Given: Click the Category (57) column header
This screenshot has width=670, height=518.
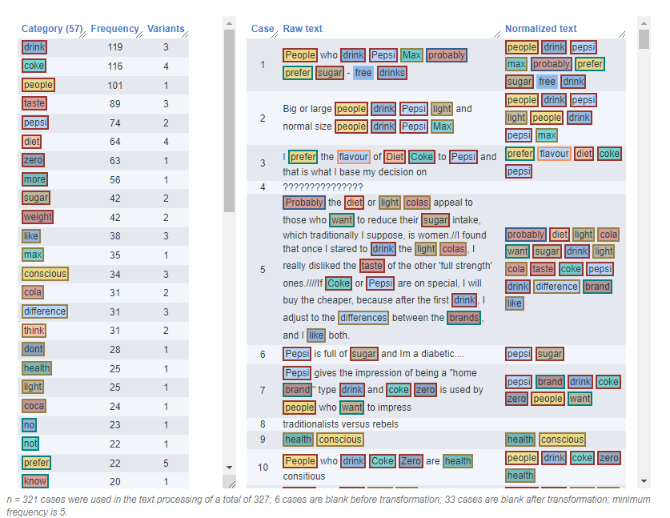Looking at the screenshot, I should click(x=53, y=29).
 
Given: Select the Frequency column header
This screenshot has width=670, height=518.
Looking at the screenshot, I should click(x=114, y=29).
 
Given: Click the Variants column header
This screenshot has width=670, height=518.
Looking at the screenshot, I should click(x=166, y=29).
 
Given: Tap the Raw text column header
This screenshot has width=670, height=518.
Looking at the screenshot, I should click(x=303, y=29).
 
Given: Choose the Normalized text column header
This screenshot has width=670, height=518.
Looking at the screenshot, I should click(x=540, y=29).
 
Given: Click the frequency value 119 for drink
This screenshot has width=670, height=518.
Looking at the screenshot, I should click(x=114, y=47).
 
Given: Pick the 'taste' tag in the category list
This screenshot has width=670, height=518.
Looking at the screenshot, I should click(x=34, y=103).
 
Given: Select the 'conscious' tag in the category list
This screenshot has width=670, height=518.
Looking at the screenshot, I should click(x=45, y=274).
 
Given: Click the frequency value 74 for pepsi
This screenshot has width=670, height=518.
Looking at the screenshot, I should click(x=114, y=122).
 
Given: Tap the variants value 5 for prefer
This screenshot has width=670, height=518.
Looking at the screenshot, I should click(x=166, y=463).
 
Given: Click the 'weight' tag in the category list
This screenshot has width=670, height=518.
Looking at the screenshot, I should click(x=38, y=217).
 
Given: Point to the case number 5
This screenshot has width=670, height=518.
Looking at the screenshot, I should click(x=263, y=270).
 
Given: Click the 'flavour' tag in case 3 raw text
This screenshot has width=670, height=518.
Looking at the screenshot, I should click(x=353, y=157).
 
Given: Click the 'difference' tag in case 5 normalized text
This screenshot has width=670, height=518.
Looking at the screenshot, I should click(x=556, y=287).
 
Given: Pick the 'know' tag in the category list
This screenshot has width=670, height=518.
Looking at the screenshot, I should click(x=35, y=481).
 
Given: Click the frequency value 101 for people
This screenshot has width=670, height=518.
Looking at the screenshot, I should click(x=114, y=85).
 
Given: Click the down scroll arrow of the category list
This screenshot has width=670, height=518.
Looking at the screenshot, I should click(x=229, y=467).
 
